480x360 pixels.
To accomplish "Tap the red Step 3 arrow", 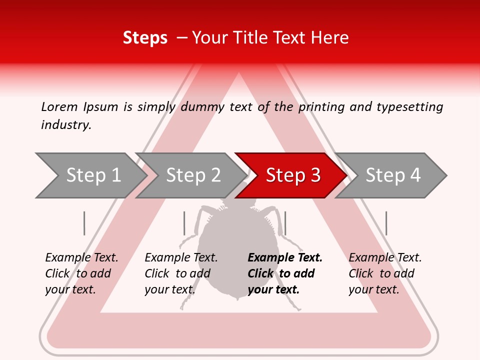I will (x=293, y=175).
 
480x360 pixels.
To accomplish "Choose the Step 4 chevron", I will (x=393, y=175).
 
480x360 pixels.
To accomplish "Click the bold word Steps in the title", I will (x=145, y=38).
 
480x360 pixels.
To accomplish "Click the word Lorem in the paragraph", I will (x=59, y=107).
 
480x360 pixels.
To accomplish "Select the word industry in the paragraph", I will (x=66, y=125).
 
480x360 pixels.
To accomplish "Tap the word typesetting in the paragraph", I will (x=409, y=107).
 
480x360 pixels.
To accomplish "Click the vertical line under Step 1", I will (x=84, y=223).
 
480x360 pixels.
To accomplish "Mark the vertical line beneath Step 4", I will (x=386, y=223).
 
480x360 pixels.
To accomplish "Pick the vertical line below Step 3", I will (x=285, y=223).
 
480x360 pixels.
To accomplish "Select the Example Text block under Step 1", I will (x=81, y=273).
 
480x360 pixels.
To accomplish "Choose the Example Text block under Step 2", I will (x=180, y=273).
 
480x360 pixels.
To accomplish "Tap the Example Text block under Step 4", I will (x=384, y=273).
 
